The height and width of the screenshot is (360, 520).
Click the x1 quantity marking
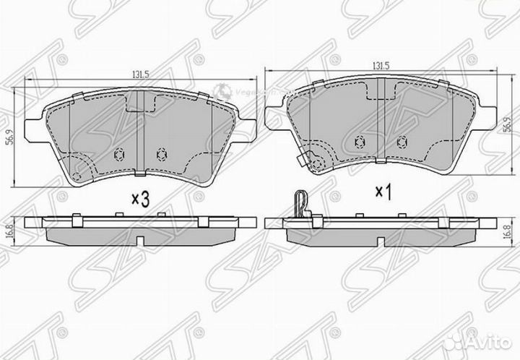point(383,192)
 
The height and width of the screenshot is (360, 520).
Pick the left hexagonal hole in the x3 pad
point(120,153)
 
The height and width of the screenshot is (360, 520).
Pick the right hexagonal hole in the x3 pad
point(160,153)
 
